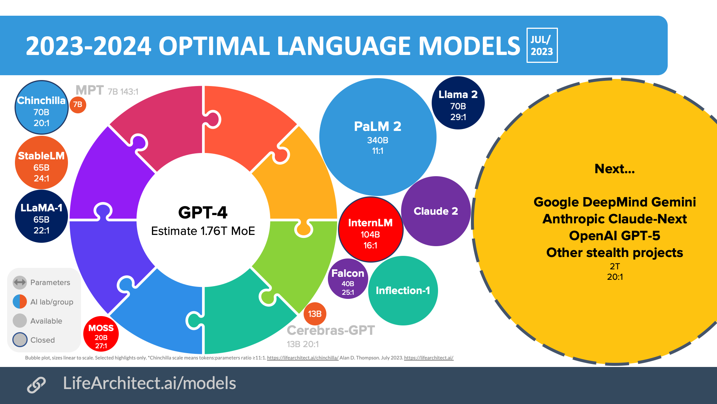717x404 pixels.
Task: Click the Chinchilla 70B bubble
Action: coord(41,108)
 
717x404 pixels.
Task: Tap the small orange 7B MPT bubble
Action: coord(78,105)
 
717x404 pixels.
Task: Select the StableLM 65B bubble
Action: coord(41,163)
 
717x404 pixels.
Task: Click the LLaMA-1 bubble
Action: coord(41,216)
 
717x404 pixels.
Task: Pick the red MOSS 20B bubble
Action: coord(101,334)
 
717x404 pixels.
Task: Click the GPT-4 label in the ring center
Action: coord(203,212)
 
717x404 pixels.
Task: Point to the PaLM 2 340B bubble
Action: coord(378,137)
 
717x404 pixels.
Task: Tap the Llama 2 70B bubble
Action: coord(458,103)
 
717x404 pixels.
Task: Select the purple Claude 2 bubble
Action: coord(436,211)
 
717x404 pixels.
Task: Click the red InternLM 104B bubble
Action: coord(370,230)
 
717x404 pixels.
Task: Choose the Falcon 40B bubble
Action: coord(348,279)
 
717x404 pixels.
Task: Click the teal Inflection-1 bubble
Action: coord(403,291)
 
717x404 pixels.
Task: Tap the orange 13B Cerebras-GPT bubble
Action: coord(315,314)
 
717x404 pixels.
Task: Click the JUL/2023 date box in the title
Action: coord(542,45)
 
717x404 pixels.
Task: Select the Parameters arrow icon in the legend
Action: coord(20,282)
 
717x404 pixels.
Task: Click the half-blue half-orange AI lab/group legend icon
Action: coord(20,302)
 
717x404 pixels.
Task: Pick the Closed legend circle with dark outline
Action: coord(20,340)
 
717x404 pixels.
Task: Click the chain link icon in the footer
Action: coord(36,385)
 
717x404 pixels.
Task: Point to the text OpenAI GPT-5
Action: coord(614,236)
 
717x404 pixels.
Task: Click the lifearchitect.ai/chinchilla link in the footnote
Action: coord(302,358)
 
